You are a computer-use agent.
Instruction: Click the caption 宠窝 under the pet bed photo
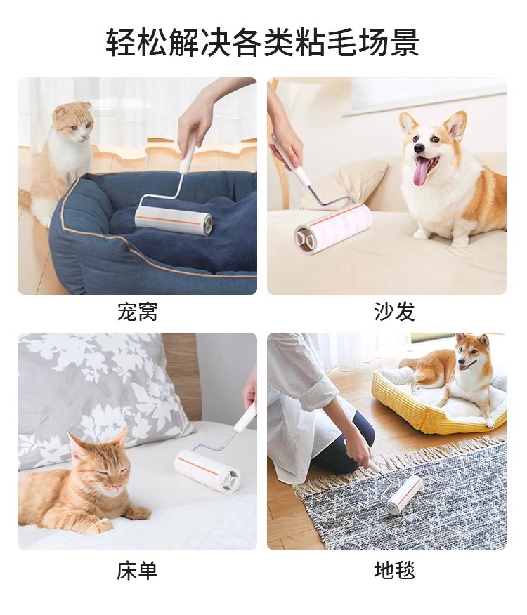[137, 312]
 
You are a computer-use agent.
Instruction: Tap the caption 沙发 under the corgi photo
[394, 312]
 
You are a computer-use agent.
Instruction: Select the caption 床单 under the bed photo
[137, 571]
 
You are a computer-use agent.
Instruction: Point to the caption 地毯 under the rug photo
[394, 571]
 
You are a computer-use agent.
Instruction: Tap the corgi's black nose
[419, 148]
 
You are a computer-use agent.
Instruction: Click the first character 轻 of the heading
[122, 42]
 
